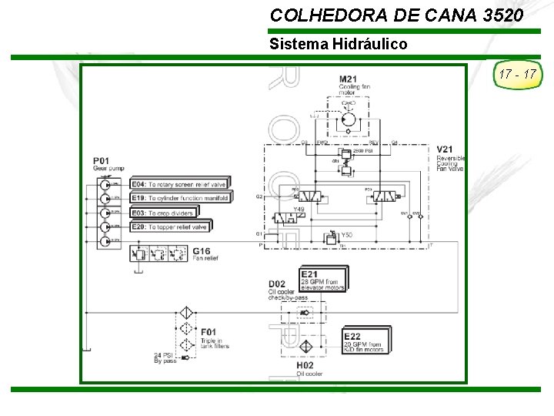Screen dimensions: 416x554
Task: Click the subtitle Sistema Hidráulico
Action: click(339, 44)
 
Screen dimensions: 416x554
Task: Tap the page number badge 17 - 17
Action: click(517, 75)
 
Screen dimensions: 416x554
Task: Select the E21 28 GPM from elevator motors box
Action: click(322, 278)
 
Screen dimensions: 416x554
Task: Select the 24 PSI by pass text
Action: click(165, 357)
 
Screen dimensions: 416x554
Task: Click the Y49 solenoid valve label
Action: click(299, 209)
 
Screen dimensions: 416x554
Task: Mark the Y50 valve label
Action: click(346, 235)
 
